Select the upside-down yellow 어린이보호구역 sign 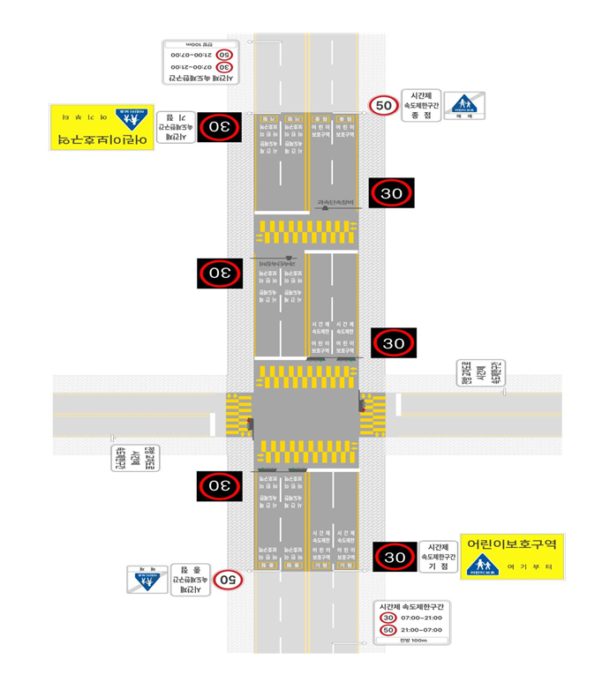click(x=102, y=126)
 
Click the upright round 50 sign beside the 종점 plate click(x=384, y=106)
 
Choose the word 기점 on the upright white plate click(x=438, y=566)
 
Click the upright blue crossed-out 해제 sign click(x=463, y=106)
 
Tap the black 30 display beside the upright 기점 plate click(x=395, y=557)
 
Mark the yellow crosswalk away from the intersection click(x=305, y=231)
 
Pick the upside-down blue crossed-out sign click(x=147, y=579)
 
